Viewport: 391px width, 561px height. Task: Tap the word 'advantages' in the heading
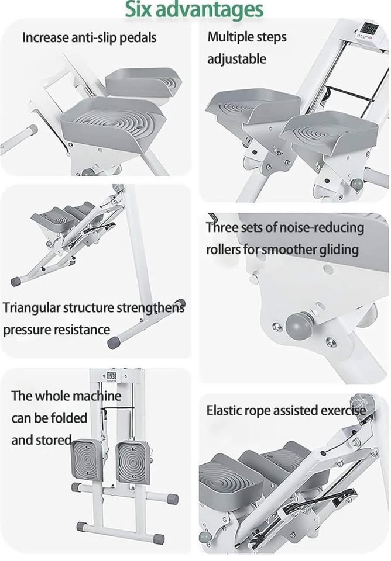tap(210, 10)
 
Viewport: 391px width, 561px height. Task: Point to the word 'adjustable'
tap(237, 58)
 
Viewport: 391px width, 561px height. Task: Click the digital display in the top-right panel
tap(368, 29)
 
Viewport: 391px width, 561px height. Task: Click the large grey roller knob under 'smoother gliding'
tap(301, 325)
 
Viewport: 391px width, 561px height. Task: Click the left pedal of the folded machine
tap(88, 460)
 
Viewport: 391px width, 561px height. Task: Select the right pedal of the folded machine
tap(133, 463)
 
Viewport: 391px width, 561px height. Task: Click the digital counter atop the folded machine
tap(111, 376)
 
